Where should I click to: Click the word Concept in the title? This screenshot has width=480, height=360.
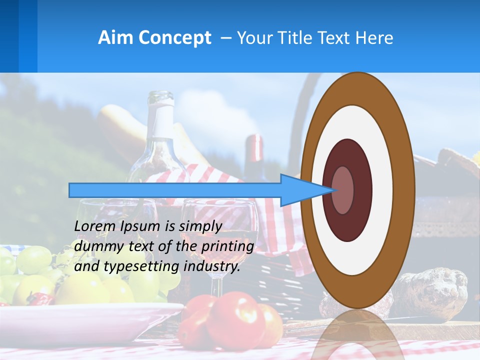click(175, 38)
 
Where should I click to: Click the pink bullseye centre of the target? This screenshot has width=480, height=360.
click(343, 190)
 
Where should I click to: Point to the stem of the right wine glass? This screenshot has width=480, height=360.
click(216, 285)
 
